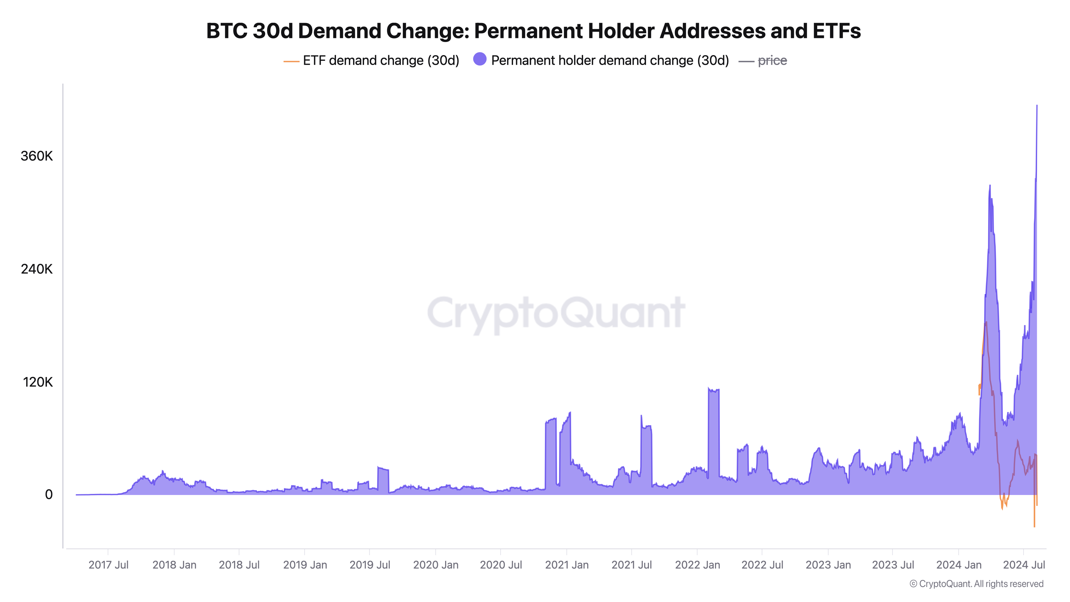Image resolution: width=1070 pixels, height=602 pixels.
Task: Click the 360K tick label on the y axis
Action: click(37, 156)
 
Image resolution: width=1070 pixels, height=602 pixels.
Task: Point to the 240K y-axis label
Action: click(37, 269)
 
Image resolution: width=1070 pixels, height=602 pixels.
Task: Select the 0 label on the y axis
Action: click(49, 494)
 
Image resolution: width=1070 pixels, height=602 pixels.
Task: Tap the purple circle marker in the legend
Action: click(480, 59)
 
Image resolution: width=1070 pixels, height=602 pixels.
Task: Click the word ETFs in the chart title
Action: click(836, 31)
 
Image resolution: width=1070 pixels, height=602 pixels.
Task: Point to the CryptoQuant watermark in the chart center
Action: click(556, 313)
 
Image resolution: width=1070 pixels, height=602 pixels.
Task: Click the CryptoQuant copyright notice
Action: click(976, 584)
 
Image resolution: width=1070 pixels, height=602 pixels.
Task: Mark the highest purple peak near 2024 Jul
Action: click(1037, 106)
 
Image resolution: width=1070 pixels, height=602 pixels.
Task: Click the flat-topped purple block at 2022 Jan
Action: click(714, 432)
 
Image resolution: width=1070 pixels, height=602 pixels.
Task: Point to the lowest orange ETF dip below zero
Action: click(1034, 526)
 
